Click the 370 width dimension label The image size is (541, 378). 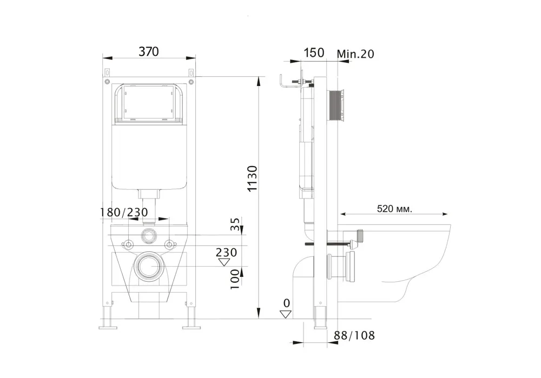(149, 51)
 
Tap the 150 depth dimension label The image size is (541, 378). (313, 52)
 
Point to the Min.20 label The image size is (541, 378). (355, 54)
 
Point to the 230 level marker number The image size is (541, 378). (226, 253)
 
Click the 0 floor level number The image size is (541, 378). (286, 303)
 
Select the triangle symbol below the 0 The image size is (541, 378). (286, 314)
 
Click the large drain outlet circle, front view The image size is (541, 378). (148, 267)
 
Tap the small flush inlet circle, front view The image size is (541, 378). (148, 236)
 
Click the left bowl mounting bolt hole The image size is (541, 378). (128, 244)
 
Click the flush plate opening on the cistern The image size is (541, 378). (148, 104)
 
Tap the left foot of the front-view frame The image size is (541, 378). (108, 325)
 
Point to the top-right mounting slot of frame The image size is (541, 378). (190, 72)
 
